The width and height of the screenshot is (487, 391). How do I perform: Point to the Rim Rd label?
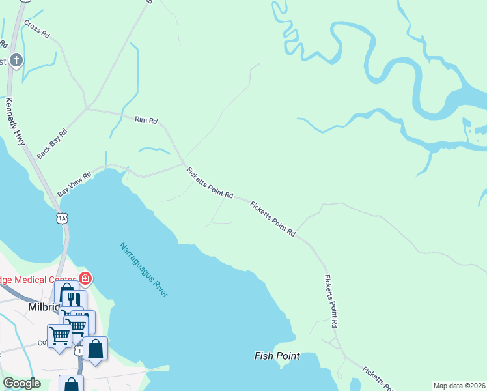(146, 120)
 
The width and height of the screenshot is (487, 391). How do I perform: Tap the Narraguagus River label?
(144, 270)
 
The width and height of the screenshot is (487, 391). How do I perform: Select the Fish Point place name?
(277, 356)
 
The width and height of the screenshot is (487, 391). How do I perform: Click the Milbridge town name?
(44, 307)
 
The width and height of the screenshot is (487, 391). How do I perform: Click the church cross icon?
(16, 61)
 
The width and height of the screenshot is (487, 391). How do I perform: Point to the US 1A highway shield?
(62, 218)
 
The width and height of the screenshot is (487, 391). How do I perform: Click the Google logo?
(21, 383)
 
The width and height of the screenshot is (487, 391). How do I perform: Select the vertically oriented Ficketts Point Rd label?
(330, 301)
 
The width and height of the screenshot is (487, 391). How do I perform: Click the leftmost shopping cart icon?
(59, 336)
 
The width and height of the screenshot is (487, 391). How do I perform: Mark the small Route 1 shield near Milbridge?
(79, 351)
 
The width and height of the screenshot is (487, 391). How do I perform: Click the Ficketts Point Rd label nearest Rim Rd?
(210, 183)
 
